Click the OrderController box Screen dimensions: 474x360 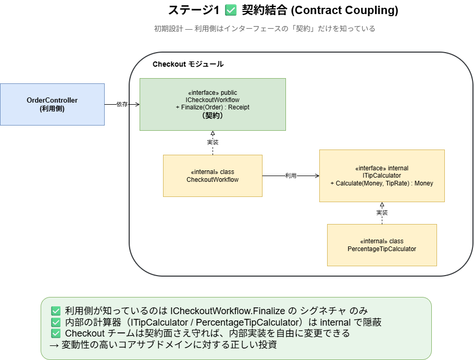click(52, 104)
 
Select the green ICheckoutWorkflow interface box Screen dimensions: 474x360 click(213, 104)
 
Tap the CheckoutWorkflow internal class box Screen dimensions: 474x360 click(213, 176)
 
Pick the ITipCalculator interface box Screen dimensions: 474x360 click(382, 176)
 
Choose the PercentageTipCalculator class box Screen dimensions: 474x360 click(382, 245)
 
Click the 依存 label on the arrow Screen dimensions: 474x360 click(122, 104)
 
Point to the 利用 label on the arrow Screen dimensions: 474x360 click(291, 176)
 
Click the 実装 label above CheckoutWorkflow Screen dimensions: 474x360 click(213, 142)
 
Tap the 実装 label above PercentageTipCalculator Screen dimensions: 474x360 click(382, 213)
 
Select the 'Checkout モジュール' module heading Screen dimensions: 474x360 click(188, 64)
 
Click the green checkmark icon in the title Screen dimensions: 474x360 click(231, 10)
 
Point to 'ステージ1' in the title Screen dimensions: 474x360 click(194, 10)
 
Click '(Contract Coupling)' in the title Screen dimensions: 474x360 click(345, 10)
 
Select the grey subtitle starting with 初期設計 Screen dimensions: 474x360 click(265, 29)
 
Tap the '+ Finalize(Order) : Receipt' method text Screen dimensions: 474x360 click(213, 107)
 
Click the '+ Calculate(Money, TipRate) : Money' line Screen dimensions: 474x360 click(382, 183)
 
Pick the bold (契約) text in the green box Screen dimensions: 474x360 click(213, 115)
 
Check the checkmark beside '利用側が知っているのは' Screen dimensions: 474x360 click(56, 311)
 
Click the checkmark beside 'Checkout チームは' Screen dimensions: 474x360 click(56, 333)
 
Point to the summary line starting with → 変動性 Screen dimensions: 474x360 click(163, 344)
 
